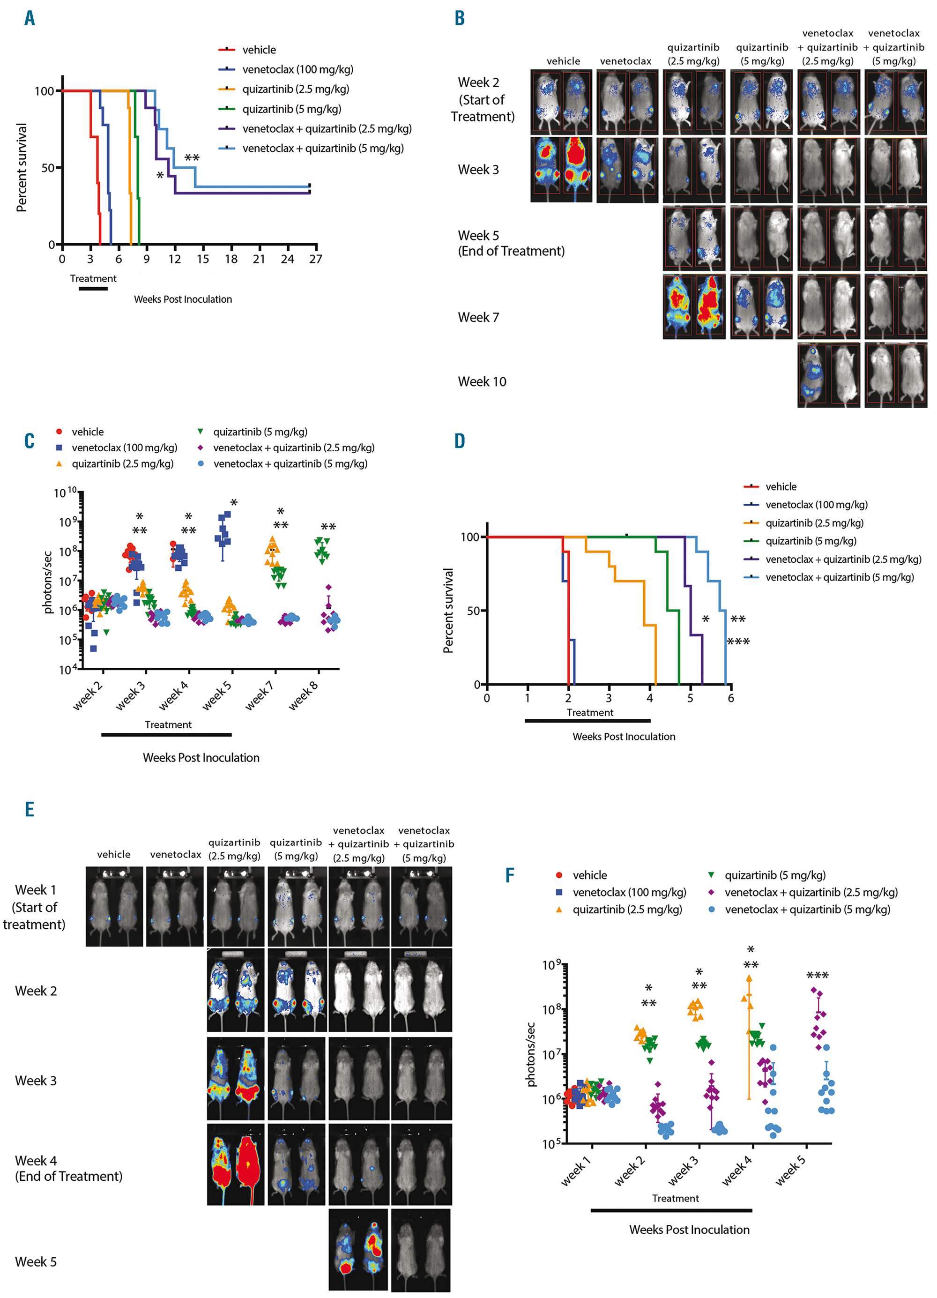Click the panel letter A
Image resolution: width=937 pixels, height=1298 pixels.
click(30, 18)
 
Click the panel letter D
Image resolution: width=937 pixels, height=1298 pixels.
click(459, 441)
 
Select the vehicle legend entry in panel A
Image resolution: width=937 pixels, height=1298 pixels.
click(259, 50)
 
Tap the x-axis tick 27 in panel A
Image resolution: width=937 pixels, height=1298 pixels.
click(315, 259)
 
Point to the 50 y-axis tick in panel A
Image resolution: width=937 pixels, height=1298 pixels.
click(47, 168)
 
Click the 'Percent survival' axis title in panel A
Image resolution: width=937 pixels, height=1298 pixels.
click(22, 168)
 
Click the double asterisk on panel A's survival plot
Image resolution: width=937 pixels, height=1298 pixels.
click(192, 158)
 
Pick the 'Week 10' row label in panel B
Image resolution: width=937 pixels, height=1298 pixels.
click(482, 382)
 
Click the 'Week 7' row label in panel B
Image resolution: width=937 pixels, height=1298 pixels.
click(478, 318)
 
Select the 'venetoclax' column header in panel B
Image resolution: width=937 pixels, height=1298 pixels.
click(625, 61)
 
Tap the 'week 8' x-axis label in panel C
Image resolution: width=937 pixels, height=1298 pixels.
click(303, 696)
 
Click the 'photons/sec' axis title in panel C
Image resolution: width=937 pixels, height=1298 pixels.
click(48, 582)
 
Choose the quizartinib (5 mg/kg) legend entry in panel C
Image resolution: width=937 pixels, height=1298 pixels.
click(260, 432)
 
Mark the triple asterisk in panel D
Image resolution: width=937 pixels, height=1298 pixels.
click(738, 642)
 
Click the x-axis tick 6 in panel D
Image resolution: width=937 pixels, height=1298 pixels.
click(730, 698)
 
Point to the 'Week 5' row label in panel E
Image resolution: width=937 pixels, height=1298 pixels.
click(36, 1262)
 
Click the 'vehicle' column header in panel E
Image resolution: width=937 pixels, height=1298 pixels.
click(113, 854)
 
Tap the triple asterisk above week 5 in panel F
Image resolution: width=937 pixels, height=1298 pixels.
click(817, 976)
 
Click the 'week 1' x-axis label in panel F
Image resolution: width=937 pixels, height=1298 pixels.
click(576, 1171)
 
